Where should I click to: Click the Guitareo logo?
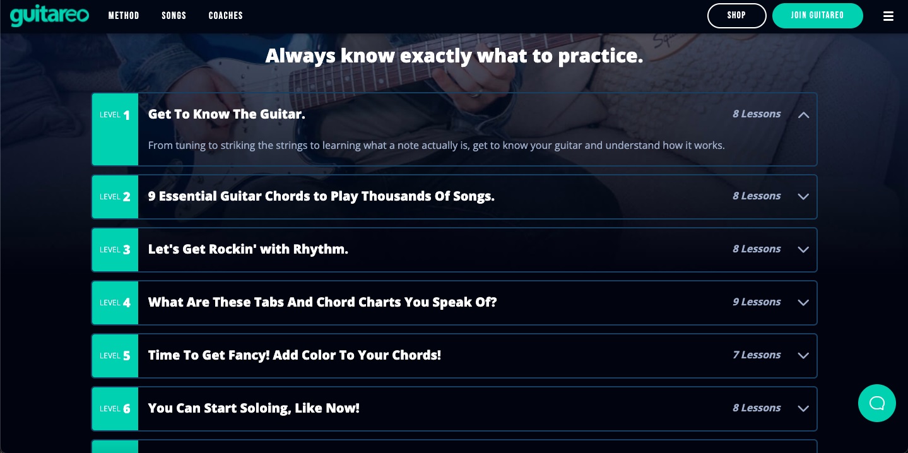click(49, 16)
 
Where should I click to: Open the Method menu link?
click(124, 16)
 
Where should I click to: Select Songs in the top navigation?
click(174, 16)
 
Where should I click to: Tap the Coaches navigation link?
click(226, 16)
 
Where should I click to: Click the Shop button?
click(736, 16)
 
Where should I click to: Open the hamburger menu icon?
click(888, 16)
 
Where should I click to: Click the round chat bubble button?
click(876, 403)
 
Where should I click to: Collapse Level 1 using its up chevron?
click(803, 115)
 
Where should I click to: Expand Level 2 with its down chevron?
click(803, 197)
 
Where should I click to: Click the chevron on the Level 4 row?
click(803, 303)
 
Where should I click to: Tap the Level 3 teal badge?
click(115, 250)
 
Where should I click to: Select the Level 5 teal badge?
click(115, 356)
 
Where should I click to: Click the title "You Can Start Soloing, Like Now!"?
click(254, 408)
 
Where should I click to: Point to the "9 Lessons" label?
click(757, 302)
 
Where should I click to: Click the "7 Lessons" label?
click(757, 355)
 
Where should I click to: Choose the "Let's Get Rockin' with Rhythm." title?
click(248, 249)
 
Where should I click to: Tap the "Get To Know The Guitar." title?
click(227, 114)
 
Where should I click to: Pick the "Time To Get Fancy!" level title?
click(294, 355)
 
